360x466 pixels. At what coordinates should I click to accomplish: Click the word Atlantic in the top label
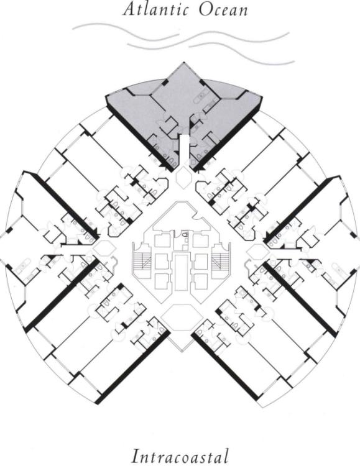coord(156,9)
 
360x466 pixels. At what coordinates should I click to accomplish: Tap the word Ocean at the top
coord(223,9)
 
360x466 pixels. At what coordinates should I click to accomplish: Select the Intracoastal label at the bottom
coord(180,455)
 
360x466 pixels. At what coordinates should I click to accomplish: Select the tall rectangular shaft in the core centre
coord(181,272)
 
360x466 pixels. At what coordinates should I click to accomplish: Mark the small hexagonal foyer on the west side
coord(103,249)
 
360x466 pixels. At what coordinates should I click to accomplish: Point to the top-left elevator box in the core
coord(162,240)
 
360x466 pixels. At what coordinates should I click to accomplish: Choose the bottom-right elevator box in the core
coord(200,281)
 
